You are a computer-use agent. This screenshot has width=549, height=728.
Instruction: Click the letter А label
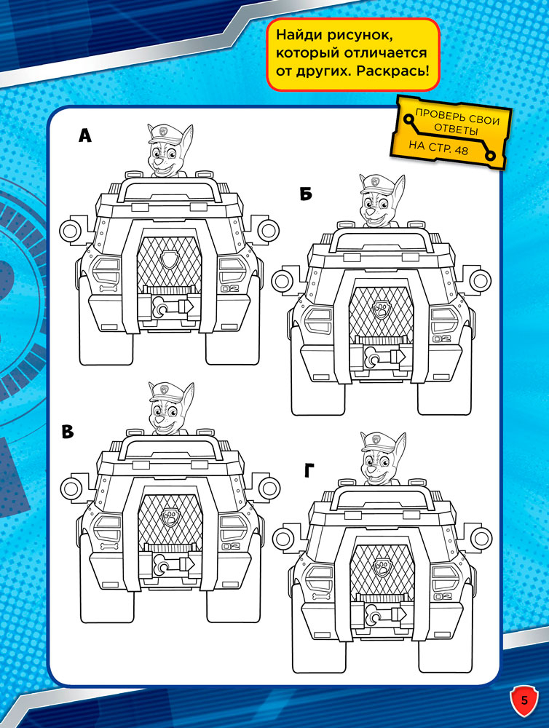(x=85, y=135)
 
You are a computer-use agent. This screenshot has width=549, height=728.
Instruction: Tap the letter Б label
(x=306, y=194)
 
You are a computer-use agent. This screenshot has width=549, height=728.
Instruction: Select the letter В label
(x=68, y=432)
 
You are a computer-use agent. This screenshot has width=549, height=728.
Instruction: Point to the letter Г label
(x=309, y=471)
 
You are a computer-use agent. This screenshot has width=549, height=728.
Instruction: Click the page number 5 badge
(x=524, y=700)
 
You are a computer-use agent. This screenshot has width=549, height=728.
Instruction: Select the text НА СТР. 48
(x=438, y=147)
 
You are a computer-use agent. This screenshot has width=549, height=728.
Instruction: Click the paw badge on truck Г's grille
(x=382, y=566)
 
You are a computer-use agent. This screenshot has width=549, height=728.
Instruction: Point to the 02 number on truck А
(x=229, y=289)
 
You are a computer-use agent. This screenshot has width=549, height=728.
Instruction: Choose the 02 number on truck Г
(x=442, y=596)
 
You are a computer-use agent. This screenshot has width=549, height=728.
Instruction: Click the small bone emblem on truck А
(x=107, y=289)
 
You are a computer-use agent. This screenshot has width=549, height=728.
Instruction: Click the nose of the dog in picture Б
(x=371, y=210)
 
